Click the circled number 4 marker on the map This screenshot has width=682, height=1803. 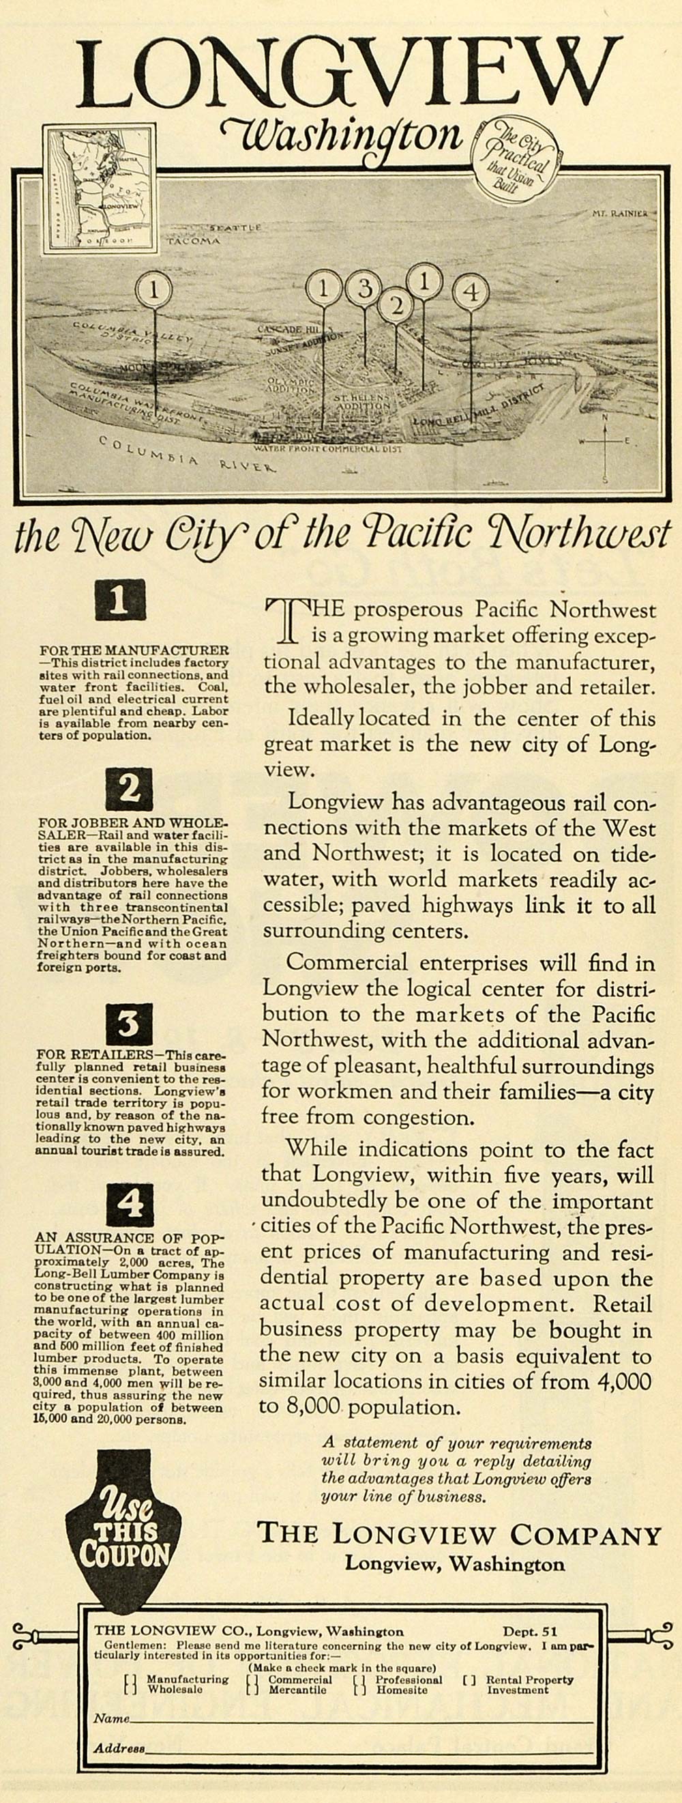pos(471,292)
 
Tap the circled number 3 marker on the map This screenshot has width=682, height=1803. pos(364,288)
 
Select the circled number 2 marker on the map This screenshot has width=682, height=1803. pos(397,304)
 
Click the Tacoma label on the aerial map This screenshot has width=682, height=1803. pos(193,241)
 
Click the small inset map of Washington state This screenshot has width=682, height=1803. pos(100,188)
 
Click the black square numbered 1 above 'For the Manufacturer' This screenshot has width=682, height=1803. pos(120,600)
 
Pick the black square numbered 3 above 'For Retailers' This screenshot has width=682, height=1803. pos(130,1024)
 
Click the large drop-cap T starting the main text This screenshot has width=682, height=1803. pos(286,620)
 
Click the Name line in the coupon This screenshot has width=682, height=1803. pos(360,1718)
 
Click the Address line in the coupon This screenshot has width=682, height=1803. pos(367,1748)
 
